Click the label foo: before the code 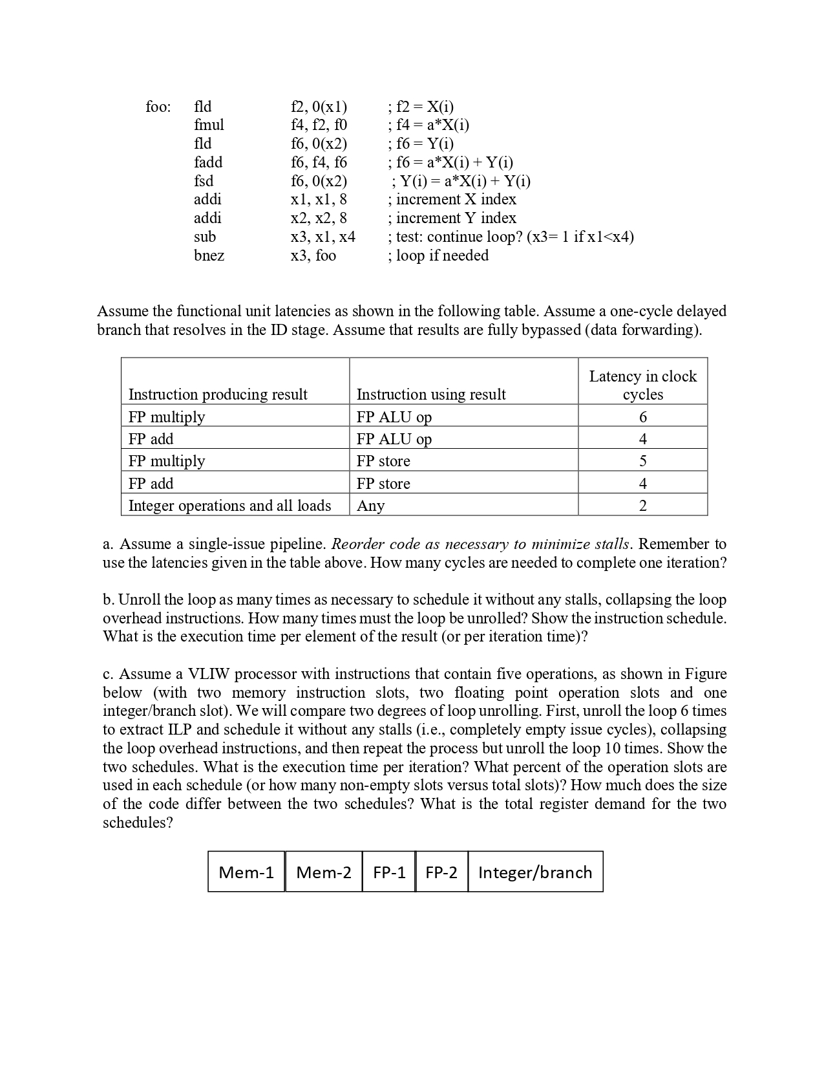point(158,107)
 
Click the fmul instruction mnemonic point(209,125)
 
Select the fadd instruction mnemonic point(208,162)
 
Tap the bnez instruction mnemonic point(209,255)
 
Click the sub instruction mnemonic point(205,237)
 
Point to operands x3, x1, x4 point(322,237)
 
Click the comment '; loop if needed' point(438,255)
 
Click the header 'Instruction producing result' point(218,394)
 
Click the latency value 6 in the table point(642,417)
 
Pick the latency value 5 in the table point(642,461)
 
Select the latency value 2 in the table point(642,506)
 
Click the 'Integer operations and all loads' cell point(229,506)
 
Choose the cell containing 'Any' point(370,506)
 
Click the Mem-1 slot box point(246,872)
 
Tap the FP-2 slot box point(441,872)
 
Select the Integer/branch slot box point(535,872)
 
